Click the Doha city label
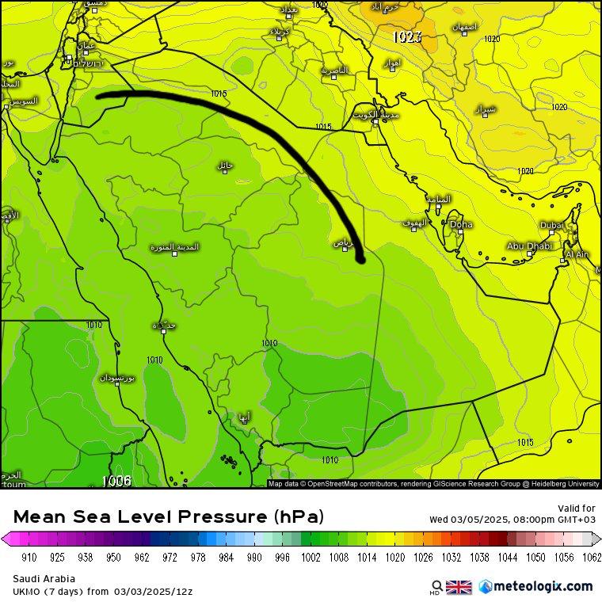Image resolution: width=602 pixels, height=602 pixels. pyautogui.click(x=461, y=225)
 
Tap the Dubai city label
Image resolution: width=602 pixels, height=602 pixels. pyautogui.click(x=551, y=226)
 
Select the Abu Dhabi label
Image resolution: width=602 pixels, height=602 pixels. pyautogui.click(x=528, y=246)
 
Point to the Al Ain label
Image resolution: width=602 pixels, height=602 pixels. pyautogui.click(x=577, y=254)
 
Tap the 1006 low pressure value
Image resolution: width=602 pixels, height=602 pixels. pyautogui.click(x=116, y=480)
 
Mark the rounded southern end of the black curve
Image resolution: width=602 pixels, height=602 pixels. pyautogui.click(x=360, y=257)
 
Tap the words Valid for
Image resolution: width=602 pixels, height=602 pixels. pyautogui.click(x=577, y=508)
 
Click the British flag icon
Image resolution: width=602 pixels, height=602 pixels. pyautogui.click(x=459, y=587)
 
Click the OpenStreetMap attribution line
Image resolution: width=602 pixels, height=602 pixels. pyautogui.click(x=434, y=483)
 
